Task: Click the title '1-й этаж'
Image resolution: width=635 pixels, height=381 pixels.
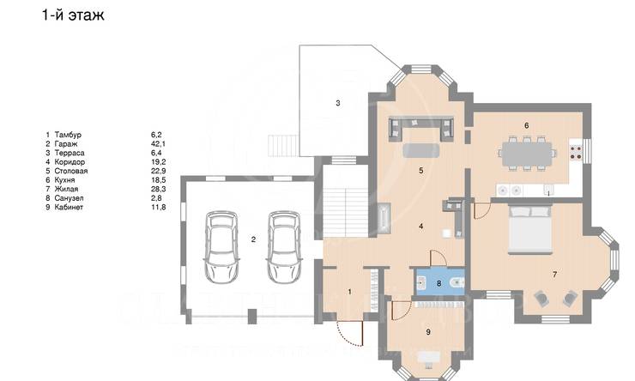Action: tap(73, 15)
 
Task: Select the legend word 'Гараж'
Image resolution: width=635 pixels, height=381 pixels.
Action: tap(65, 144)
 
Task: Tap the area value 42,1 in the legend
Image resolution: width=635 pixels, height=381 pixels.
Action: tap(158, 144)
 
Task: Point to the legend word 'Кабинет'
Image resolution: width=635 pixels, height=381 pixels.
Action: tap(69, 207)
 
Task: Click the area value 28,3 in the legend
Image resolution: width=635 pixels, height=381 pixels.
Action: tap(158, 189)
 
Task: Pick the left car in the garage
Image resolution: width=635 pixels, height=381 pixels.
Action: tap(221, 246)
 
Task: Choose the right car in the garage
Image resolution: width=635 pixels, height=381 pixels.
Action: tap(284, 246)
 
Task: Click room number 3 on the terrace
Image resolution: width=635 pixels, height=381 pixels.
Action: tap(338, 103)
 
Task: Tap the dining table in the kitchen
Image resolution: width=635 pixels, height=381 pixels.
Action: tap(527, 154)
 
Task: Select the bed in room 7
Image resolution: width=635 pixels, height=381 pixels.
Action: tap(529, 230)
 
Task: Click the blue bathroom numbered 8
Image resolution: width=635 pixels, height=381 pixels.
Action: tap(440, 281)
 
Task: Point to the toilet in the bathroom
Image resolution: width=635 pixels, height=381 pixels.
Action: tap(458, 281)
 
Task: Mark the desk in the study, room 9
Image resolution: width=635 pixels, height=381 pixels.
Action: tap(429, 358)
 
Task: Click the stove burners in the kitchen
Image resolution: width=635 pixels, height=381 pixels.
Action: tap(576, 152)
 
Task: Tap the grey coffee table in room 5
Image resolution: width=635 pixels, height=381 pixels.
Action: tap(421, 150)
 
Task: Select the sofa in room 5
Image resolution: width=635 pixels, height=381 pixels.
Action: tap(421, 129)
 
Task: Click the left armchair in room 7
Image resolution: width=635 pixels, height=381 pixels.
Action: tap(541, 299)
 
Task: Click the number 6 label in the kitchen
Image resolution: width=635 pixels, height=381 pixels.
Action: tap(527, 125)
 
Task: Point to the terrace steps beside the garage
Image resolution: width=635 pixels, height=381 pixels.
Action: tap(283, 146)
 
